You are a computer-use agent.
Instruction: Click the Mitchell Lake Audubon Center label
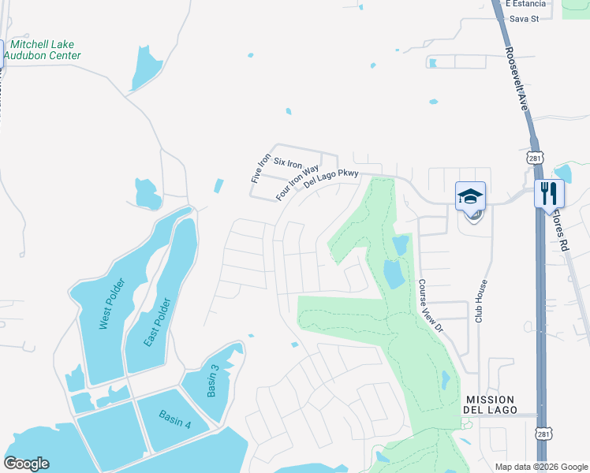pos(43,50)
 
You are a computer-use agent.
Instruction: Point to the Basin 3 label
pos(212,382)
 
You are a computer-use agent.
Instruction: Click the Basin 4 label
pos(174,419)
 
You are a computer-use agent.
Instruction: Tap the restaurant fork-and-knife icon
pos(549,193)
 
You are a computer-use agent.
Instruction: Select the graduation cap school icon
pos(470,196)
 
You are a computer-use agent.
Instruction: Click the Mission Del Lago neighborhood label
pos(491,405)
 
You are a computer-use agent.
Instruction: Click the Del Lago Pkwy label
pos(331,179)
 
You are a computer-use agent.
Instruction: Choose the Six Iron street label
pos(288,164)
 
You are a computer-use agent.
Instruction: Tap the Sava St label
pos(523,18)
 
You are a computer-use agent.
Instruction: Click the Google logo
pos(27,463)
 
